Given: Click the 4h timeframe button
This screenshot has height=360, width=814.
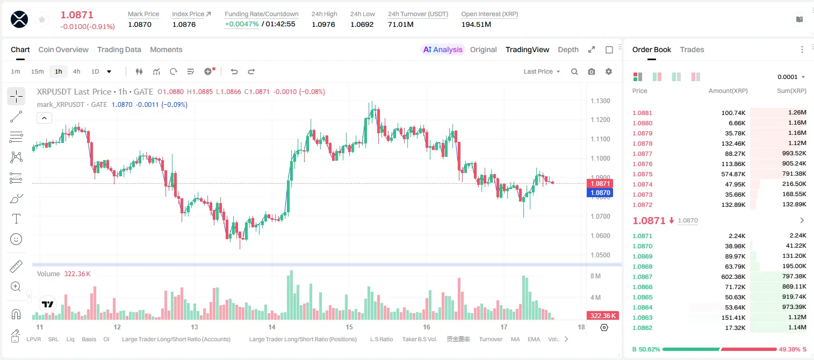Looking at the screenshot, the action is (76, 71).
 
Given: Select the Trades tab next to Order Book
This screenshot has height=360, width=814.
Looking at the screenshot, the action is (691, 49).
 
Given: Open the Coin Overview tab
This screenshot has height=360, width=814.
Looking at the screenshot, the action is (63, 49).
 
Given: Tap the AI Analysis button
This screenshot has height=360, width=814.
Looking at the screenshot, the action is (443, 49).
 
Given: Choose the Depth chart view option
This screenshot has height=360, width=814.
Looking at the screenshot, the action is (568, 49).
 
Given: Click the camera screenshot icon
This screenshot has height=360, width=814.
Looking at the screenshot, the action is (592, 71).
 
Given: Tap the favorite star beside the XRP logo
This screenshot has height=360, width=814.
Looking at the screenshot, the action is (42, 20).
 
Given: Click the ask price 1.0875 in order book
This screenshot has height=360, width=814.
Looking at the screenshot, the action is (642, 174).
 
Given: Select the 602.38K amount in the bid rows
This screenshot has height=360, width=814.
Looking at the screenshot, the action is (733, 277).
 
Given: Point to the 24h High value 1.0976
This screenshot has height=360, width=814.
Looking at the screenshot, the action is (323, 24).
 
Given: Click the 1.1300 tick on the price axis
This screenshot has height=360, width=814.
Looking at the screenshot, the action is (600, 100).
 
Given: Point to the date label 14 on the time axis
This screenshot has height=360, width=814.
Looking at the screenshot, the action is (272, 327).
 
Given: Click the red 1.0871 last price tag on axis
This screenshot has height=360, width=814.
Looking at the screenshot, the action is (600, 183).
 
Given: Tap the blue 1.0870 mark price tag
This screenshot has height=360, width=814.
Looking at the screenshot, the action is (600, 192).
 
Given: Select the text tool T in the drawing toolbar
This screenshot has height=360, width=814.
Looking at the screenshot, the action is (16, 219).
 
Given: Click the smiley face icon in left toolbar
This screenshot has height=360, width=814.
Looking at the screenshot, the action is (16, 239).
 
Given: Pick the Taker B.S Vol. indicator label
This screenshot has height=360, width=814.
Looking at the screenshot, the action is (419, 339).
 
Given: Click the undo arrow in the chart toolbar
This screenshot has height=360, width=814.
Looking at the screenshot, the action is (234, 71).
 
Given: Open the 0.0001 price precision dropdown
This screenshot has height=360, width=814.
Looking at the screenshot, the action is (791, 77).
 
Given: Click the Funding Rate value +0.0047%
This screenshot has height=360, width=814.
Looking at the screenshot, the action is (242, 24).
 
